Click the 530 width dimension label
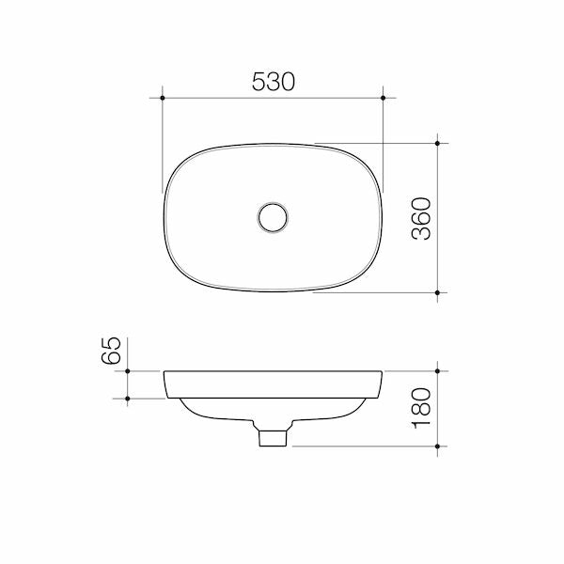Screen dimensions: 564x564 274,82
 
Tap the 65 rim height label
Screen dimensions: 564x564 111,352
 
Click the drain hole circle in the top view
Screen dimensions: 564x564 274,217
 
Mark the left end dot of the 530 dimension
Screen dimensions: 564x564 163,97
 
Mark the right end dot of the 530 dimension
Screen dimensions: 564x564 384,97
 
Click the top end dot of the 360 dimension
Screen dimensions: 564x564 439,144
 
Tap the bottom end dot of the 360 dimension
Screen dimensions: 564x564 439,292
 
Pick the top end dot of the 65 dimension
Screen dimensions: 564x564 127,371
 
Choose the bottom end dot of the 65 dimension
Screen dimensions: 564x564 127,399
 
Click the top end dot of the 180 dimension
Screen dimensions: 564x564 439,371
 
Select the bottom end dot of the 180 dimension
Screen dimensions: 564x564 439,446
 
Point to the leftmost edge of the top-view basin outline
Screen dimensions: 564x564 164,218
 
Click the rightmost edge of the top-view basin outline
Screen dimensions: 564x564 384,218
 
